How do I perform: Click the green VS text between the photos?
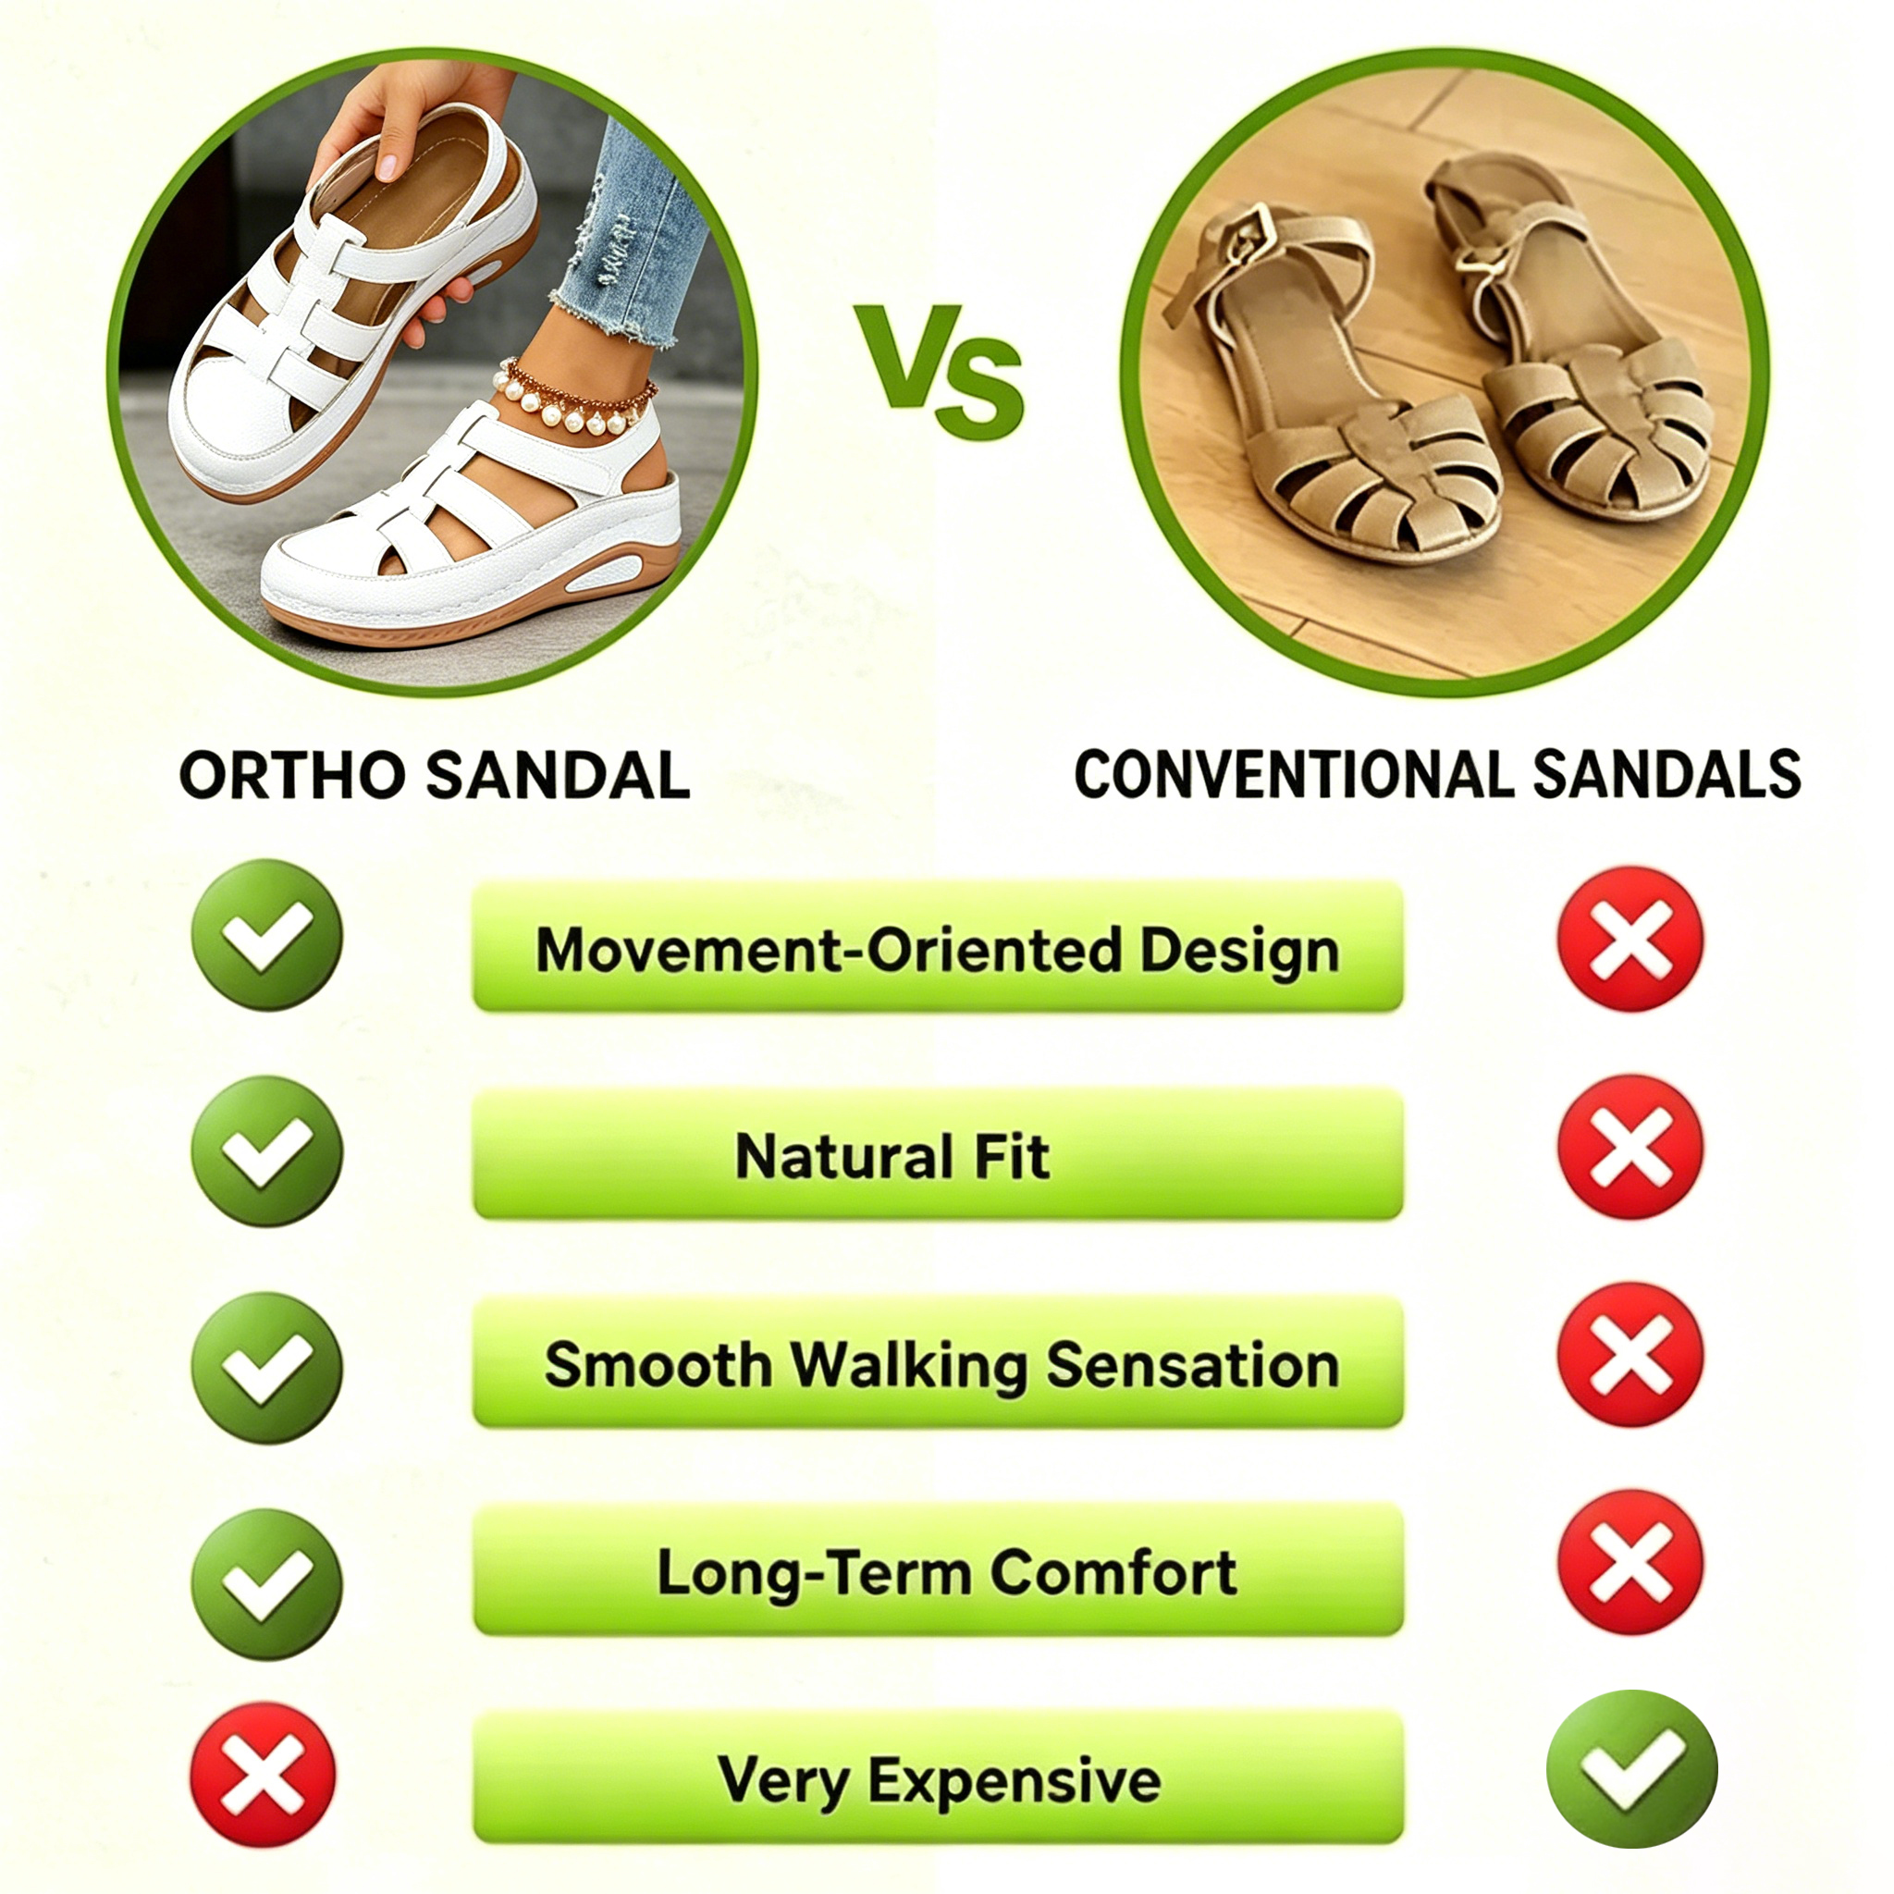pos(938,370)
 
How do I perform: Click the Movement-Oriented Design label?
pos(937,950)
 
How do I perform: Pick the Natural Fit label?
pos(892,1156)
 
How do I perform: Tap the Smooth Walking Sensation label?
pos(941,1366)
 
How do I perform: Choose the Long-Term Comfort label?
pos(946,1573)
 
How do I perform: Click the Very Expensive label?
pos(940,1780)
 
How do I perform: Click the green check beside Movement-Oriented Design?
pos(266,935)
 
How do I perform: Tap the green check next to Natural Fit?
pos(266,1150)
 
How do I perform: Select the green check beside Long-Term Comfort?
pos(266,1583)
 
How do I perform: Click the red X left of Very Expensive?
pos(263,1776)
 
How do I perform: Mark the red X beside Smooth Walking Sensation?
pos(1631,1354)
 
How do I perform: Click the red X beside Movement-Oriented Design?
pos(1631,940)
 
